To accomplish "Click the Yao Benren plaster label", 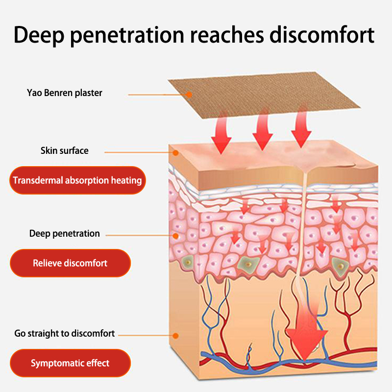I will click(x=65, y=93).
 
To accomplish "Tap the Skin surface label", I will click(x=65, y=150).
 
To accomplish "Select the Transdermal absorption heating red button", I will click(x=77, y=180).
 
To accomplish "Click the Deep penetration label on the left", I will click(x=65, y=234).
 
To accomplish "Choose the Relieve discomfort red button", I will click(x=70, y=263).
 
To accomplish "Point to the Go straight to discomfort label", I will click(x=65, y=334).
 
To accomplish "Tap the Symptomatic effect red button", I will click(x=70, y=363).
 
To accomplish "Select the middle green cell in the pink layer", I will click(x=248, y=265).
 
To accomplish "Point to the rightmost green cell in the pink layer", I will click(x=339, y=265).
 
